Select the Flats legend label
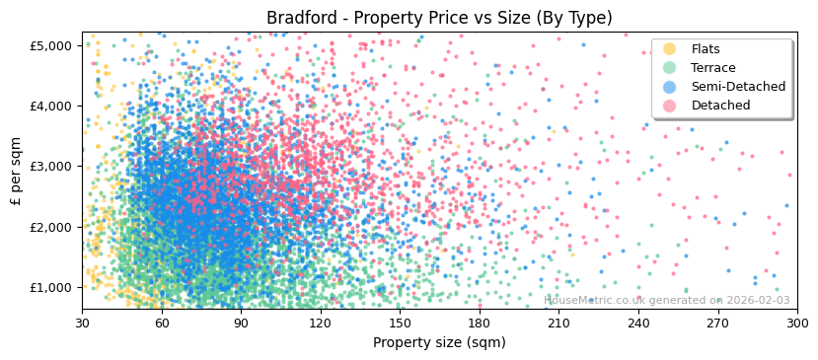(x=706, y=49)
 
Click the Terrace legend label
(x=713, y=68)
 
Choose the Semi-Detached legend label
(x=738, y=87)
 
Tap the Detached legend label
(x=720, y=106)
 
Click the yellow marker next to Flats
(x=670, y=49)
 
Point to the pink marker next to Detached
(x=670, y=106)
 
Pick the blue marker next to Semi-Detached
(x=670, y=87)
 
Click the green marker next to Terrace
(x=670, y=68)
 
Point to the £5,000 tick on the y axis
(x=50, y=45)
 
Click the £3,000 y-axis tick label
(x=50, y=167)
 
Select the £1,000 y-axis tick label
(x=50, y=288)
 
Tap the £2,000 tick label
(x=50, y=227)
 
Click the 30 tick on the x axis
(x=82, y=323)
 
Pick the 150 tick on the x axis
(x=400, y=323)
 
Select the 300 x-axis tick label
(x=797, y=323)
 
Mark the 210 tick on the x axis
(x=558, y=323)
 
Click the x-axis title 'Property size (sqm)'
(x=439, y=342)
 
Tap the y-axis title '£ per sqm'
(x=16, y=172)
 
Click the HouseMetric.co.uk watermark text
(x=667, y=300)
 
